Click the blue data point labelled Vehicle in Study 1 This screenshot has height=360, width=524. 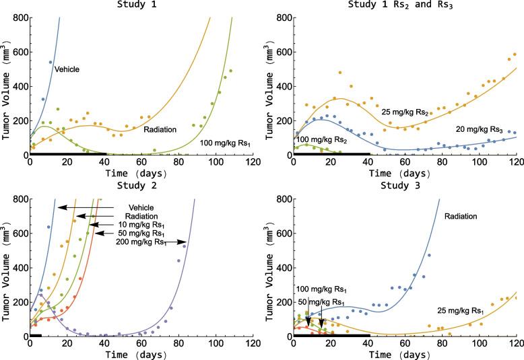pos(51,63)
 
